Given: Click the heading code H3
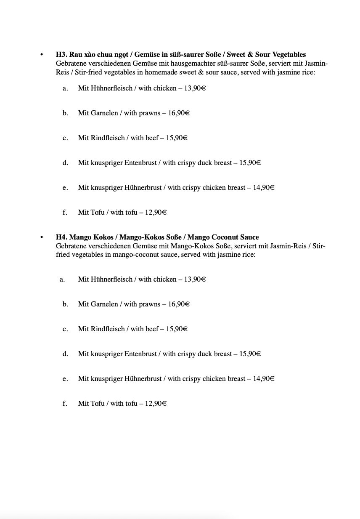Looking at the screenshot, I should coord(61,55).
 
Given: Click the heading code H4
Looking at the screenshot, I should coord(61,237).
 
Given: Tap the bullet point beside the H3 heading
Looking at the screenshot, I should coord(41,55).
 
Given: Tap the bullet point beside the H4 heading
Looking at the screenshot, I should coord(41,238).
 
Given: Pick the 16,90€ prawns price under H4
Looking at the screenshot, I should coord(179,304).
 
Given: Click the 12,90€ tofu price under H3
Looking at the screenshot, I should coord(156,213).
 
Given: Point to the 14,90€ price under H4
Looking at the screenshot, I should coord(264,378).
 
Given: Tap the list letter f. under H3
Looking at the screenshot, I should coord(65,213).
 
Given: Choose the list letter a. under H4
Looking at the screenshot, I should coord(62,279).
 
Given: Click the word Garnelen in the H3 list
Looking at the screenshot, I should coord(104,113).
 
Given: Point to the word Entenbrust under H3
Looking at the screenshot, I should coord(140,162).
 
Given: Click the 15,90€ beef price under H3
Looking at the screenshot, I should coord(177,138).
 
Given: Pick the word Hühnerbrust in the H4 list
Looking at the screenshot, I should coord(143,378).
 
